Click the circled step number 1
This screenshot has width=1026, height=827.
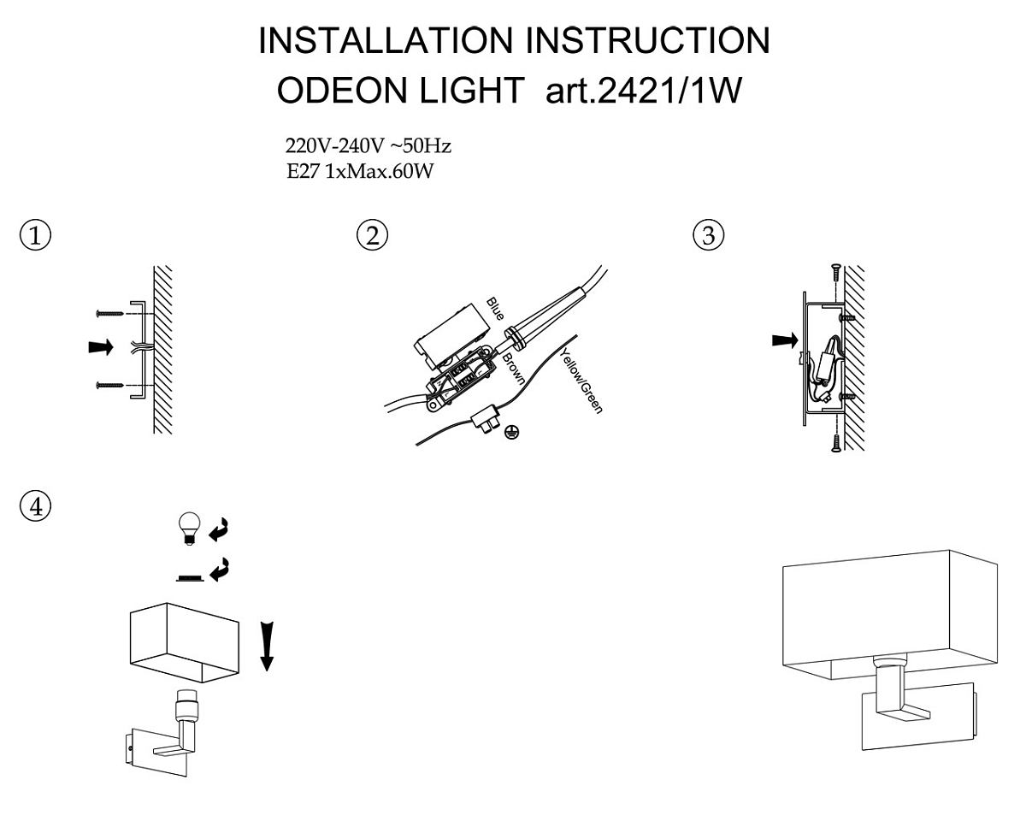coord(35,235)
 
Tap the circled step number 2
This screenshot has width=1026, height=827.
coord(372,235)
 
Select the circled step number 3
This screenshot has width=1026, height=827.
coord(708,235)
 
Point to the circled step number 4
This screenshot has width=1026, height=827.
coord(35,505)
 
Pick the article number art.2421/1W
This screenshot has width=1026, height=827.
coord(644,90)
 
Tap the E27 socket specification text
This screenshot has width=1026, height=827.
coord(358,172)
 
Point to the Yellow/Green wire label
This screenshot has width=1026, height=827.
coord(581,381)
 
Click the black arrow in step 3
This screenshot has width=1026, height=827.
coord(782,340)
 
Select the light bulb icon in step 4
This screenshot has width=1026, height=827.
coord(187,526)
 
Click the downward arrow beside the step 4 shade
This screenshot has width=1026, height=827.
coord(268,646)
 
